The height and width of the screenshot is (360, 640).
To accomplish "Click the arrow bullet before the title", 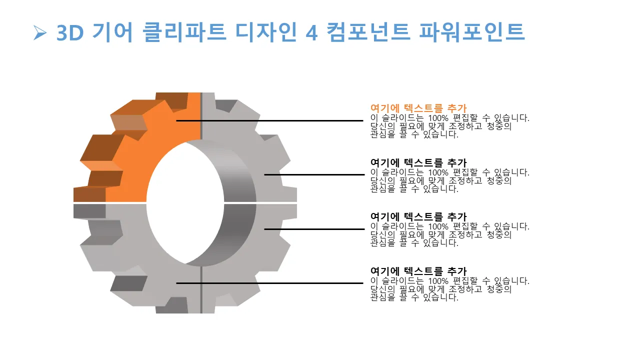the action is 40,33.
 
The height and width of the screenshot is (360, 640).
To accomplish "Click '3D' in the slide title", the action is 70,33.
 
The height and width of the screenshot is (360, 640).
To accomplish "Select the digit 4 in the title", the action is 311,33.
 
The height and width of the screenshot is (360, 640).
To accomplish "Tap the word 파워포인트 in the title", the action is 471,32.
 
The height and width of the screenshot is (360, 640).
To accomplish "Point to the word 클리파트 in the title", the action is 184,32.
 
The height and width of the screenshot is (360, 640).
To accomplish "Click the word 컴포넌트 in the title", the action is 368,32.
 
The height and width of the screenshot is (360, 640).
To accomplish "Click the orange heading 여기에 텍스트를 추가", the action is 418,108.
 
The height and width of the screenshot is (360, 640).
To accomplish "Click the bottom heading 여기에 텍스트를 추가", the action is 418,271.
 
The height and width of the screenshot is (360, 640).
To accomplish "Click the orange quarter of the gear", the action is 148,143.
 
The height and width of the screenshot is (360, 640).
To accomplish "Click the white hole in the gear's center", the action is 185,203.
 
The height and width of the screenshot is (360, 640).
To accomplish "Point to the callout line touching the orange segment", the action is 269,120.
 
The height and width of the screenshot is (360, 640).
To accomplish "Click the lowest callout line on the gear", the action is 269,283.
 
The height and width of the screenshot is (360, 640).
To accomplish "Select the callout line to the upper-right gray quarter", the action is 314,174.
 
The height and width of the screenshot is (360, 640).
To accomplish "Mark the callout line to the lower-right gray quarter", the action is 314,229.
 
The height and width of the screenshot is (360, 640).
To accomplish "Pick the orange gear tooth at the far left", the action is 89,194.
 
